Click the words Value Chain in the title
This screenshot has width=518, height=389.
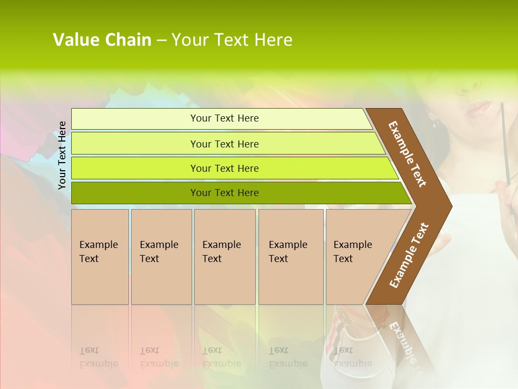coord(102,40)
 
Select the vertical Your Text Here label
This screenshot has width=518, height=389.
coord(62,155)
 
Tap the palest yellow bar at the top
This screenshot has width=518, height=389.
coord(135,119)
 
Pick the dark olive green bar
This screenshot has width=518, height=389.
coord(135,193)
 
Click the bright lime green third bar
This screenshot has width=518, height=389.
coord(135,169)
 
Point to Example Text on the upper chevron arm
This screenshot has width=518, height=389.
coord(407,153)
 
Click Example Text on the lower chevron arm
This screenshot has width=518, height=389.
coord(408,256)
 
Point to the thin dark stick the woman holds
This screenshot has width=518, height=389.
coord(506,140)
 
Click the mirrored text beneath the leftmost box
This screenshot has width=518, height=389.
coord(98,357)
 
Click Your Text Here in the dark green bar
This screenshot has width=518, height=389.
coord(224,193)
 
